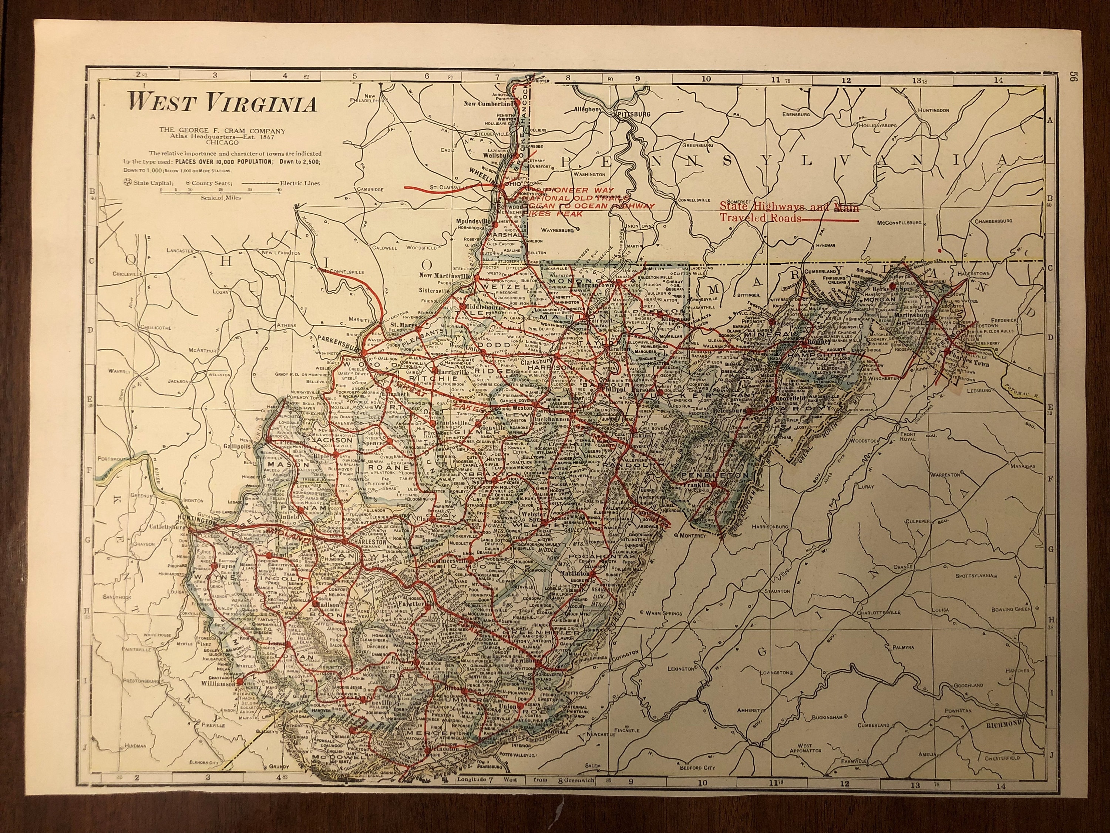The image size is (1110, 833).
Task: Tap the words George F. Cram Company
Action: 222,131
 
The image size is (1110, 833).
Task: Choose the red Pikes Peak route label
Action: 548,213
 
